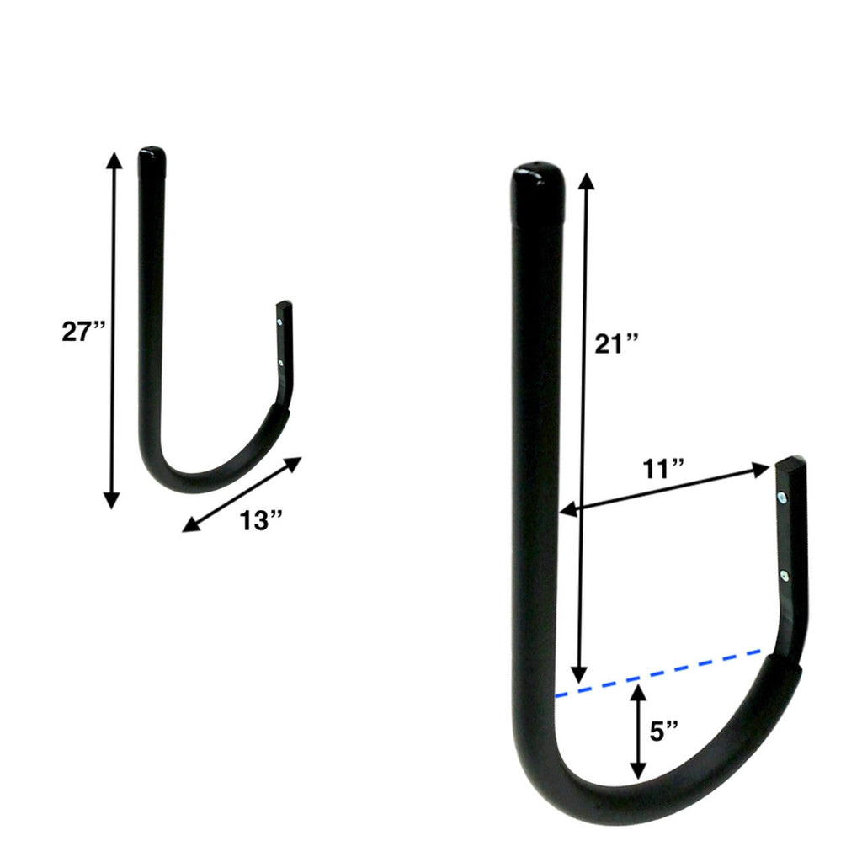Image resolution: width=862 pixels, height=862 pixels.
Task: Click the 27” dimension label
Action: point(83,331)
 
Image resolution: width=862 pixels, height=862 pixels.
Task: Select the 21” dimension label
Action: point(616,343)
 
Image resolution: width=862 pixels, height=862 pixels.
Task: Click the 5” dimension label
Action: point(666,732)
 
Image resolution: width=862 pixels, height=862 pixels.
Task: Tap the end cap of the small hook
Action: point(152,158)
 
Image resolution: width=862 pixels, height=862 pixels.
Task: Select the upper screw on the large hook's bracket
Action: point(783,498)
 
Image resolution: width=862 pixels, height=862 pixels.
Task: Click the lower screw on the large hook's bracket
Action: point(785,576)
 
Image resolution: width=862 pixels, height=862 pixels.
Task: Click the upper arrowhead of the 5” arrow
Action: point(638,694)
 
